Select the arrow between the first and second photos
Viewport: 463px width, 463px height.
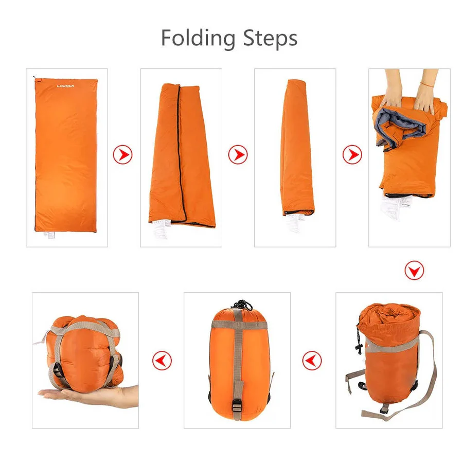coord(122,154)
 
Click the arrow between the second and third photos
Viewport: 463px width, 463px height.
coord(238,154)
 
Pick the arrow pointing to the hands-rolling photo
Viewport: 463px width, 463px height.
coord(352,154)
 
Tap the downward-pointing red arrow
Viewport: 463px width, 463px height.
coord(414,270)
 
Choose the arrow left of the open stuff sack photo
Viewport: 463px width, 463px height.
coord(312,360)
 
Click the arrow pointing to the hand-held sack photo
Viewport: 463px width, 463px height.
coord(162,360)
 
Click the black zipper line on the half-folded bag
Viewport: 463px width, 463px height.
coord(180,149)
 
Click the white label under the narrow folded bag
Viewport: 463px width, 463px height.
coord(293,223)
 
